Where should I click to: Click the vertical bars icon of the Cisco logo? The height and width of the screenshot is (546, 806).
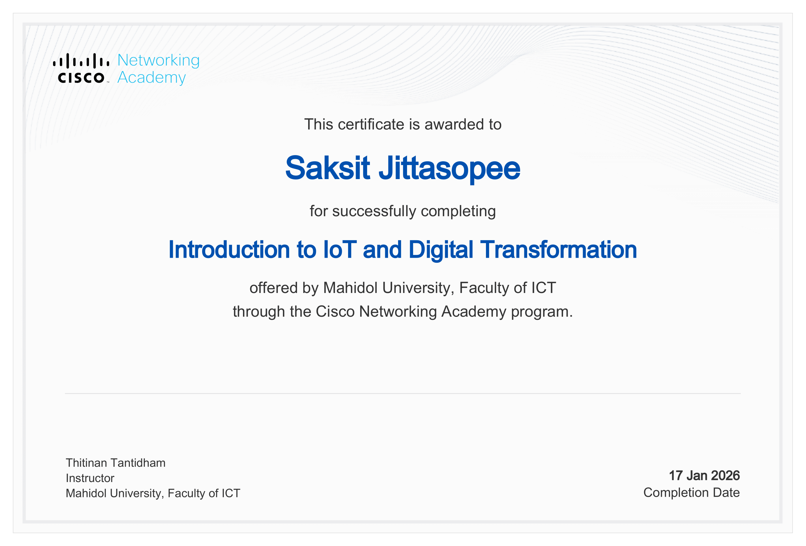(81, 61)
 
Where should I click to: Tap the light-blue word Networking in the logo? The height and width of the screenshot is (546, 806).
(158, 60)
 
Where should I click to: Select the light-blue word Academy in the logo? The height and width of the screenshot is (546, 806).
(152, 78)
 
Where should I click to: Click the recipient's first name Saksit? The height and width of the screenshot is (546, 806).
(328, 168)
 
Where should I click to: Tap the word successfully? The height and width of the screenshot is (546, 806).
(374, 211)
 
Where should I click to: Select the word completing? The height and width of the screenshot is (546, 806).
(458, 212)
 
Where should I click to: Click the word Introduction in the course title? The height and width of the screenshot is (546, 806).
(229, 250)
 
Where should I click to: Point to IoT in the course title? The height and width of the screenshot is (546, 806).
(340, 250)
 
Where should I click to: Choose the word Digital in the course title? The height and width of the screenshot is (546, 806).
(440, 251)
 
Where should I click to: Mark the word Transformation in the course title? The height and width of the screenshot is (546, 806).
(558, 250)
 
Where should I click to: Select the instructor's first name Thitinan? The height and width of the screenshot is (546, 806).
(86, 463)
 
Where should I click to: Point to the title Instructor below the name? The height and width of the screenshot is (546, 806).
(90, 478)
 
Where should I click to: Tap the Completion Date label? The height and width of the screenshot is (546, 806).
(691, 493)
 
